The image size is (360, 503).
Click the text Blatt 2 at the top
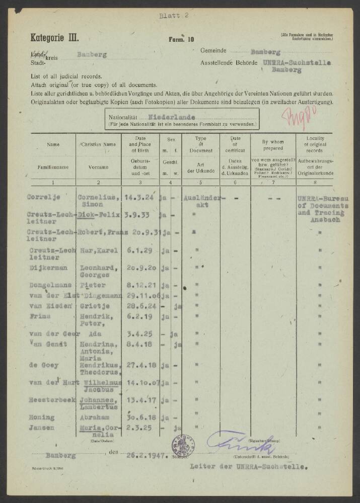point(174,16)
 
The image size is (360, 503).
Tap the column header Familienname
point(53,166)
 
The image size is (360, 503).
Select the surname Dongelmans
point(49,286)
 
